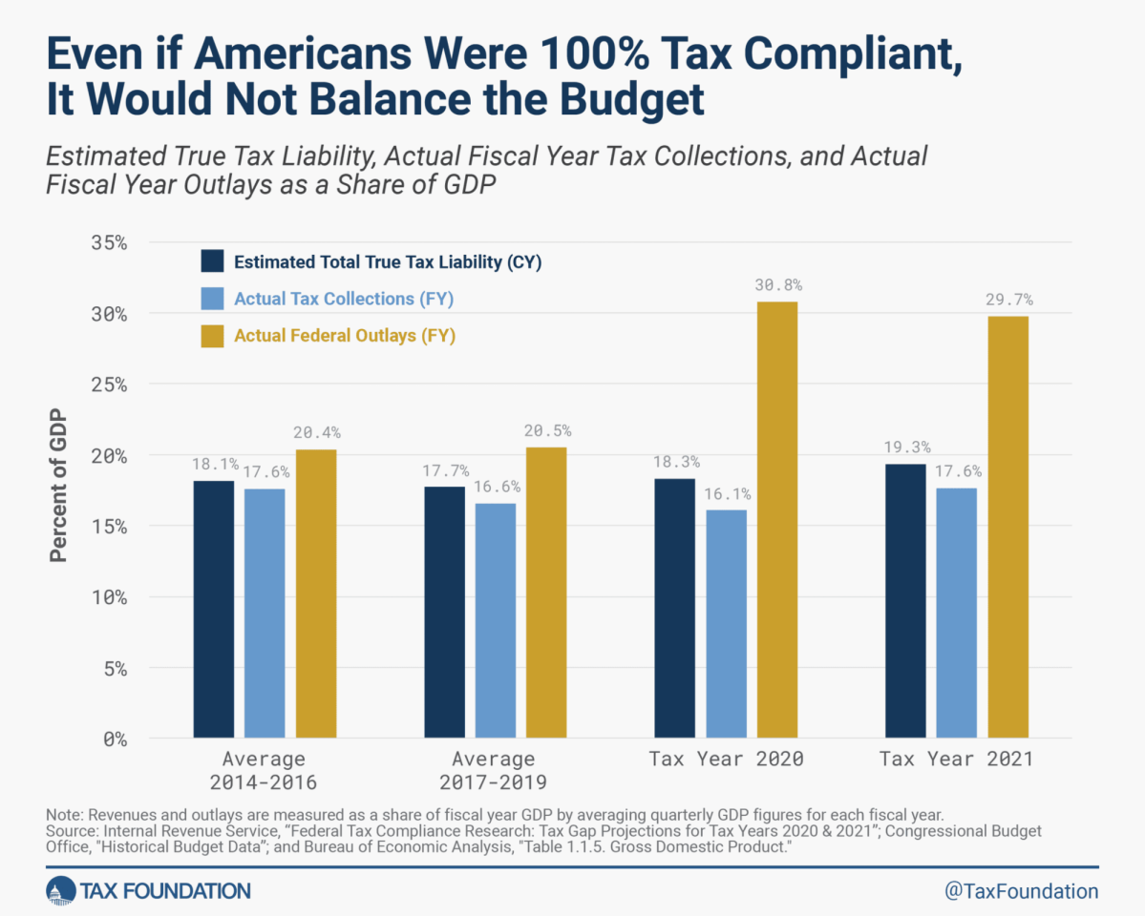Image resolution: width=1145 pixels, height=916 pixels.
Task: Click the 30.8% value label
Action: click(x=778, y=284)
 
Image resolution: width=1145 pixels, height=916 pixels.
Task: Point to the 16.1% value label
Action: click(x=728, y=494)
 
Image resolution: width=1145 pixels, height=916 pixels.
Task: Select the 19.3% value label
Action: click(x=906, y=447)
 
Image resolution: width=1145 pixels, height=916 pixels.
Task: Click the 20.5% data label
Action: click(x=546, y=431)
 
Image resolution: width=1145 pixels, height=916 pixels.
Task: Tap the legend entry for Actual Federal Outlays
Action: click(x=344, y=335)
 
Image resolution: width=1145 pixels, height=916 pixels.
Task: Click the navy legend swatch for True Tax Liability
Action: click(x=212, y=261)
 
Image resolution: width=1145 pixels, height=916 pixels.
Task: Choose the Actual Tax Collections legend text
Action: click(x=344, y=299)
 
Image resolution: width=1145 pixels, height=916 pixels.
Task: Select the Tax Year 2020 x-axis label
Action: click(x=726, y=760)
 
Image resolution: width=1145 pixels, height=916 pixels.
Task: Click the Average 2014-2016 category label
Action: click(x=264, y=771)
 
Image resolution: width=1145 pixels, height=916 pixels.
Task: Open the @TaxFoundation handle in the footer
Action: click(x=1021, y=891)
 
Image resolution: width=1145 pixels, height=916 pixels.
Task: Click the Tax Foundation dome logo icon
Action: click(x=59, y=891)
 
